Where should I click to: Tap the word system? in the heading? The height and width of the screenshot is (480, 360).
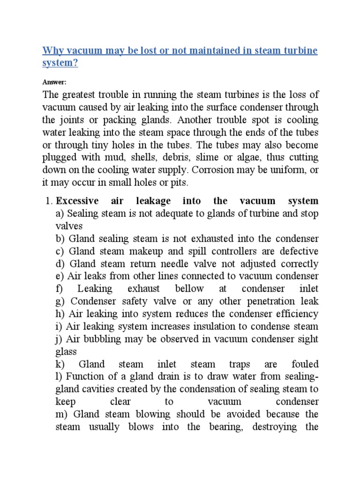click(60, 63)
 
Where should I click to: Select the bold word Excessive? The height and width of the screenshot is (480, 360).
click(77, 201)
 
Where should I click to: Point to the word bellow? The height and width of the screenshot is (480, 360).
click(189, 288)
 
